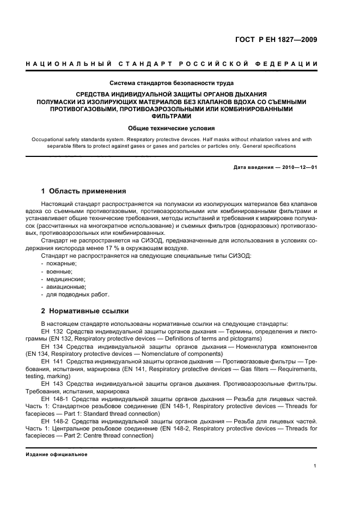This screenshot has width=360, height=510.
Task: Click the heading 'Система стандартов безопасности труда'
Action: [x=172, y=83]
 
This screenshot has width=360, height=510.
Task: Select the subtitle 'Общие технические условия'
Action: [x=172, y=129]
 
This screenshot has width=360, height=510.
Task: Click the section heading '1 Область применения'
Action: [x=84, y=191]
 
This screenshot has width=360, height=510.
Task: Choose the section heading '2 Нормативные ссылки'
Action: [x=85, y=311]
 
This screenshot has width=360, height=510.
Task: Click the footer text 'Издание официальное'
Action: [x=57, y=454]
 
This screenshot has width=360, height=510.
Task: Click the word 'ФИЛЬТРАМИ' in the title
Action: [x=172, y=116]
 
